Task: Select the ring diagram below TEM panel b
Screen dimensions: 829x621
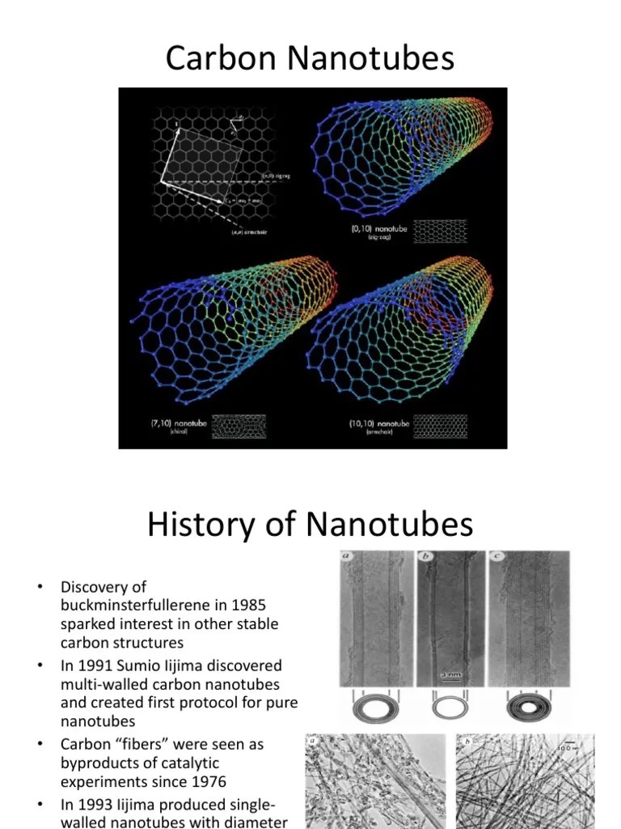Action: coord(451,708)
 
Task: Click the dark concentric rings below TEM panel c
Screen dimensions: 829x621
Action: coord(527,708)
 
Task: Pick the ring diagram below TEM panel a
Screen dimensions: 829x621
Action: coord(374,708)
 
